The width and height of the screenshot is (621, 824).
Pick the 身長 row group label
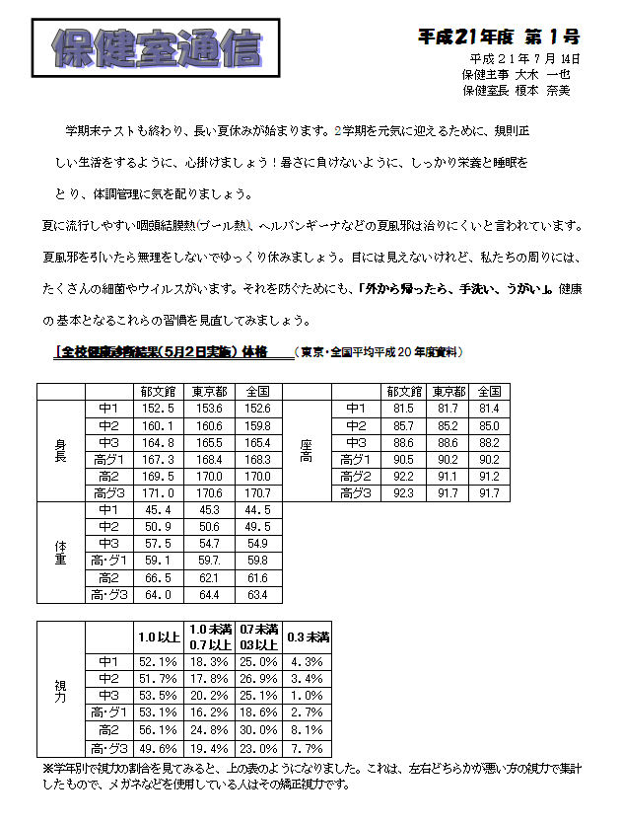click(x=60, y=450)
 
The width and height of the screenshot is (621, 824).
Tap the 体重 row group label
click(x=60, y=553)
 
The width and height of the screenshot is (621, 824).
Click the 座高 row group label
click(x=306, y=450)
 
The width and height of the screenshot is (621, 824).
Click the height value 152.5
click(x=158, y=409)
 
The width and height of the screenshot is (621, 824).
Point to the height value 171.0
click(x=158, y=492)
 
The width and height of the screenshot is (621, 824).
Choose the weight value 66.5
click(x=158, y=577)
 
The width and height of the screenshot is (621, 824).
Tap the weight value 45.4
click(x=158, y=510)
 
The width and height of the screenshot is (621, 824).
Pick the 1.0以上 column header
click(x=158, y=637)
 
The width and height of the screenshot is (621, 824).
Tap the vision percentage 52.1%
click(x=158, y=661)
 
